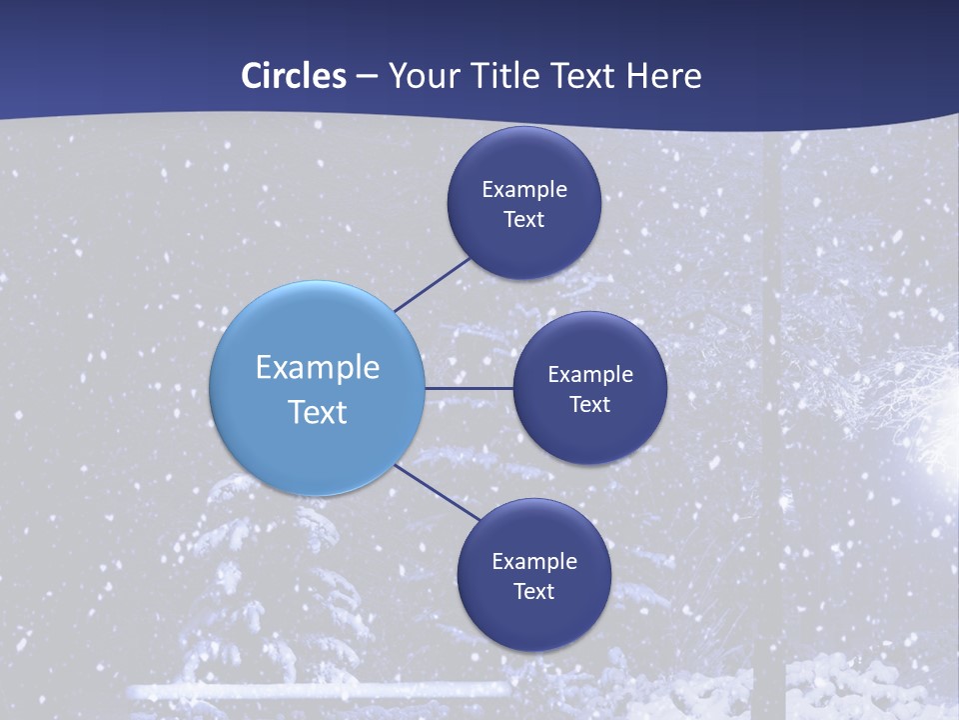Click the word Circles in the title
294,76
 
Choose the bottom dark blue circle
533,620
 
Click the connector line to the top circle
434,284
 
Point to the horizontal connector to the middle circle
469,388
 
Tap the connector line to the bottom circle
438,492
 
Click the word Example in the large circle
318,367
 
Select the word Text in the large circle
318,412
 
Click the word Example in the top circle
524,189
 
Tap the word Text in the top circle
524,219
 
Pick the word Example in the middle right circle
590,374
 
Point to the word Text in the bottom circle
534,591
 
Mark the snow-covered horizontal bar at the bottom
320,691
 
